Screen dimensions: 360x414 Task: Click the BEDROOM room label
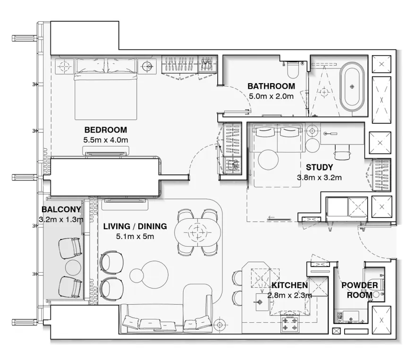click(105, 130)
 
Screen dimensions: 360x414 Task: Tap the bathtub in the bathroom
click(352, 87)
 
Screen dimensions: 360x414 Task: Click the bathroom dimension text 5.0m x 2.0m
click(271, 96)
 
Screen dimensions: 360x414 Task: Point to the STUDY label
click(319, 167)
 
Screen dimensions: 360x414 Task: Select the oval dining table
click(197, 231)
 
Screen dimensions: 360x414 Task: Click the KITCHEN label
click(289, 285)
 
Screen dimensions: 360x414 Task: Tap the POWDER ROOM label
click(360, 290)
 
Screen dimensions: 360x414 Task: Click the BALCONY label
click(61, 209)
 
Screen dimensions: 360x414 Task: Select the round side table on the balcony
click(73, 267)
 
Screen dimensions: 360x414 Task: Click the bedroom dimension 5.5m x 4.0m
click(105, 140)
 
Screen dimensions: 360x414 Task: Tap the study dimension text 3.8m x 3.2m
click(319, 178)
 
